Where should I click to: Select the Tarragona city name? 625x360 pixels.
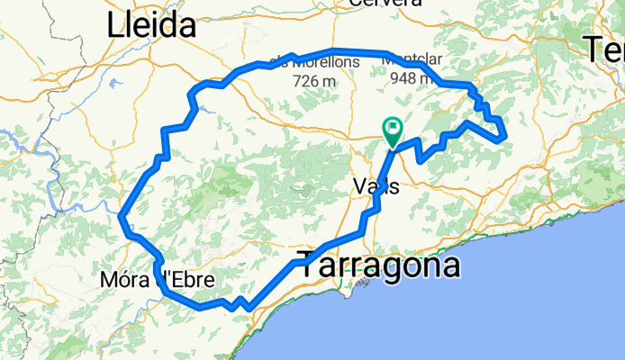coord(379,265)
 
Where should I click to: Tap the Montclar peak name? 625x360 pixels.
coord(411,61)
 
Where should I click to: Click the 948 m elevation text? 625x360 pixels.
coord(411,78)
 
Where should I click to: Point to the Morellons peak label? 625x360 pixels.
coord(320,62)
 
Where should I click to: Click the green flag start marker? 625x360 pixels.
coord(393,131)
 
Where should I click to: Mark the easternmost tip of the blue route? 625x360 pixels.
coord(507,137)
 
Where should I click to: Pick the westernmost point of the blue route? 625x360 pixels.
coord(121,217)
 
